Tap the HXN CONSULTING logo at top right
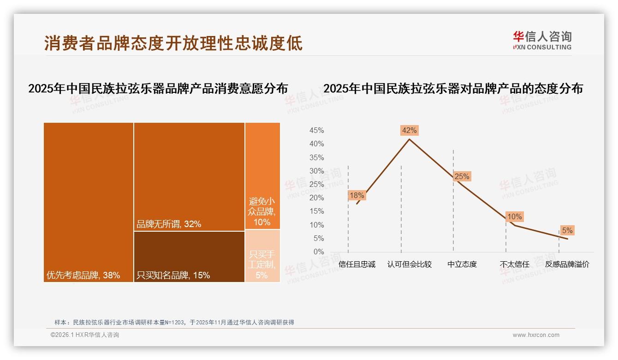pyautogui.click(x=542, y=41)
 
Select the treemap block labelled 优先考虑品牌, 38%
pyautogui.click(x=89, y=202)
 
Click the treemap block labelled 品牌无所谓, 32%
pyautogui.click(x=189, y=176)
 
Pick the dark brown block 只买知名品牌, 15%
pyautogui.click(x=189, y=256)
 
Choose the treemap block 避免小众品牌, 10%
pyautogui.click(x=262, y=176)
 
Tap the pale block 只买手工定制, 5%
pyautogui.click(x=262, y=256)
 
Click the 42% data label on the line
pyautogui.click(x=409, y=131)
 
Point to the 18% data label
pyautogui.click(x=357, y=195)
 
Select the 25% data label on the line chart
pyautogui.click(x=462, y=176)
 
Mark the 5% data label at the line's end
pyautogui.click(x=567, y=230)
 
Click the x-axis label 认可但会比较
pyautogui.click(x=409, y=264)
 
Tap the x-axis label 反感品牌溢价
pyautogui.click(x=567, y=264)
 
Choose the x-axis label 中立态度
pyautogui.click(x=462, y=264)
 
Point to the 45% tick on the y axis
pyautogui.click(x=316, y=131)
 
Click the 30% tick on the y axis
pyautogui.click(x=316, y=171)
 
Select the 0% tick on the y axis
pyautogui.click(x=318, y=252)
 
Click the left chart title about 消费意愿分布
pyautogui.click(x=158, y=89)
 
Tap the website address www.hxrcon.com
pyautogui.click(x=536, y=335)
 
